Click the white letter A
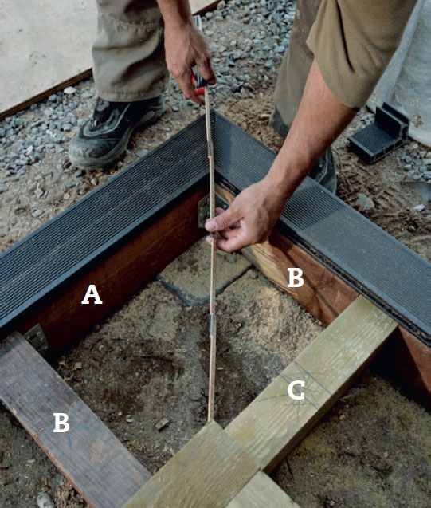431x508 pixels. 92,295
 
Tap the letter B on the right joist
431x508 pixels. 296,278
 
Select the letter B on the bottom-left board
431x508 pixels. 61,423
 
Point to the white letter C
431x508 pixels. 296,390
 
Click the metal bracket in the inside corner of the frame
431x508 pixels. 207,211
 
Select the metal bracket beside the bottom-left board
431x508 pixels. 37,339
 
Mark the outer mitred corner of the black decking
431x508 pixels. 213,111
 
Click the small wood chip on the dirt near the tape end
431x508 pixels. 162,423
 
